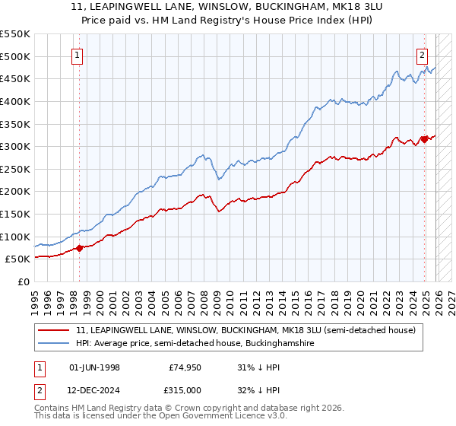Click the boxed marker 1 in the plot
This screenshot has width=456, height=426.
[78, 54]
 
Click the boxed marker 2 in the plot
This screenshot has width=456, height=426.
[422, 54]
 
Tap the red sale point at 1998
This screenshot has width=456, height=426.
[79, 247]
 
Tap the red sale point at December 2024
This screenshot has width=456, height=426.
[424, 139]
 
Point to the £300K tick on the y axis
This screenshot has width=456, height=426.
[15, 146]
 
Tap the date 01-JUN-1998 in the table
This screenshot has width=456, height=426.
[94, 367]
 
